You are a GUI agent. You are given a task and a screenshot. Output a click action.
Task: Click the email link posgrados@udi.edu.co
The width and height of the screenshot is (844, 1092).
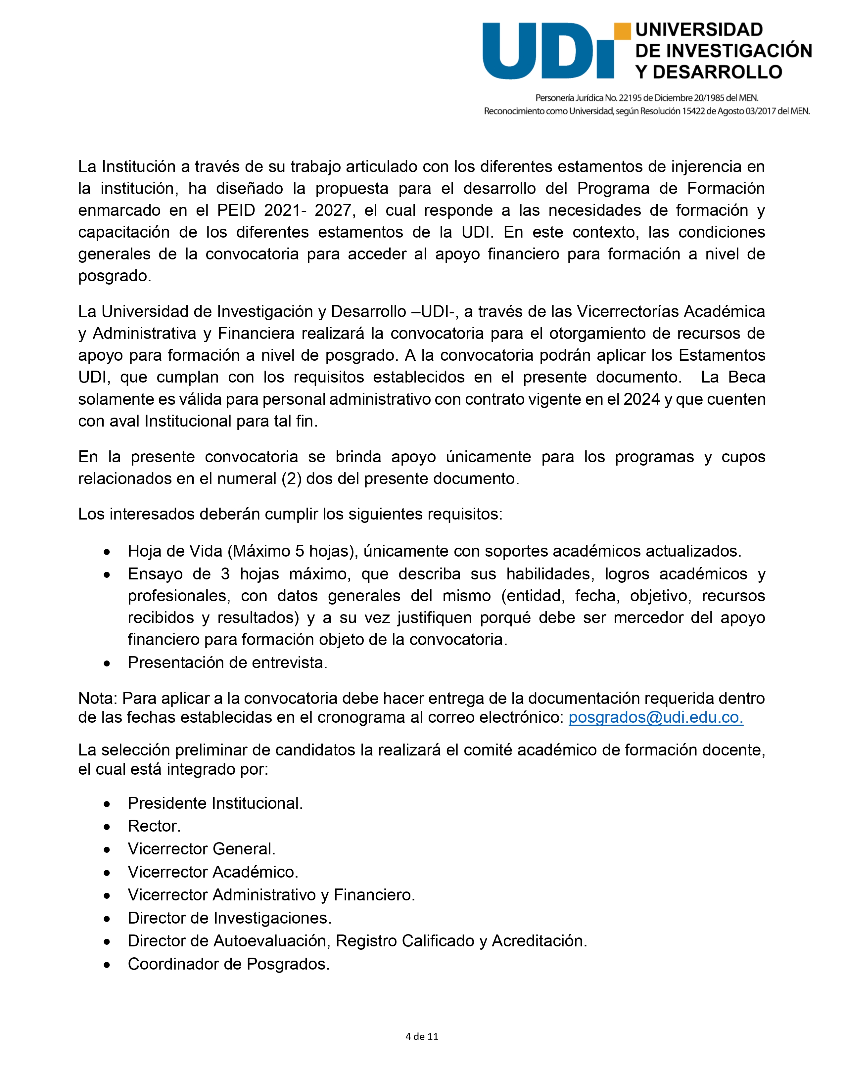[655, 717]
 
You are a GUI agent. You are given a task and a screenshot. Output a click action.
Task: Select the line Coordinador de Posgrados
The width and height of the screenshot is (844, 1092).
[228, 964]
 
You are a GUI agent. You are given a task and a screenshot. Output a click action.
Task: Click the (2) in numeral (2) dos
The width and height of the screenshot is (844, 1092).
[291, 479]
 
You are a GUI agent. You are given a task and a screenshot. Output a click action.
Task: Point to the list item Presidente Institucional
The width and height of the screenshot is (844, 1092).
[215, 803]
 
